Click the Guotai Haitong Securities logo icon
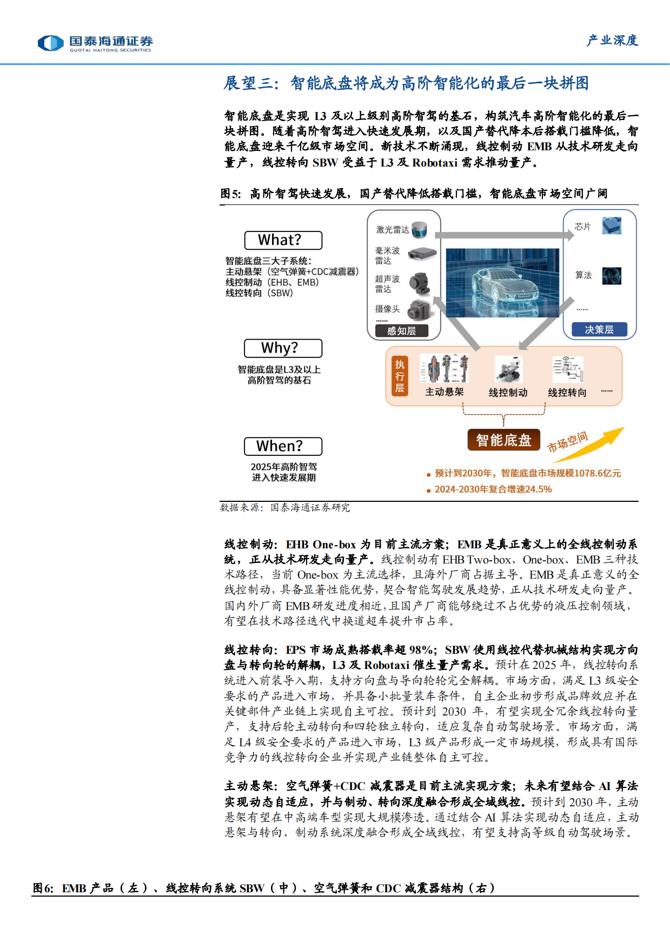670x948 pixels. click(51, 43)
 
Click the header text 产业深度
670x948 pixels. click(612, 41)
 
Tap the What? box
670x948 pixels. click(283, 240)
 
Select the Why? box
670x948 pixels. click(283, 348)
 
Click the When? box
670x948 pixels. click(283, 446)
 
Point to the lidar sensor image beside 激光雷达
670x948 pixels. click(420, 230)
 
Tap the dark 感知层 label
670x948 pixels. click(401, 331)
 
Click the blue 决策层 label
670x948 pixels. click(599, 329)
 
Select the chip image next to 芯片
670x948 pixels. click(612, 226)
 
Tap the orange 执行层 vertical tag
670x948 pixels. click(400, 376)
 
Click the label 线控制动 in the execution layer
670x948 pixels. click(508, 393)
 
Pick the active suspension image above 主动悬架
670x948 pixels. click(444, 369)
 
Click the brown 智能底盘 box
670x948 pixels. click(503, 440)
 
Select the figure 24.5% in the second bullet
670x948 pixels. click(538, 489)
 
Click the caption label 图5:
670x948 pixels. click(231, 194)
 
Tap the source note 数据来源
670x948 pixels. click(241, 507)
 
